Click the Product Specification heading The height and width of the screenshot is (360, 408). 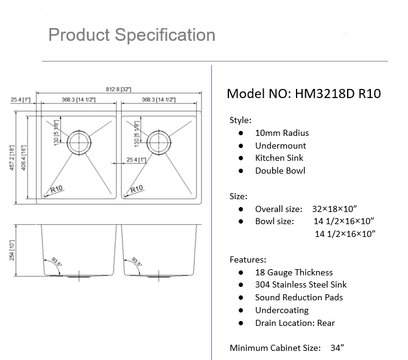tap(132, 35)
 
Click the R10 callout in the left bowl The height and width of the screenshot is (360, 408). tap(57, 189)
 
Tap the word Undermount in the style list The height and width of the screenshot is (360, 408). tap(281, 146)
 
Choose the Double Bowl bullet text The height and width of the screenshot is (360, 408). tap(280, 171)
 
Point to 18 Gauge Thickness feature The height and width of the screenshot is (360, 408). tap(294, 272)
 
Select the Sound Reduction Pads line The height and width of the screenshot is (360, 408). tap(298, 297)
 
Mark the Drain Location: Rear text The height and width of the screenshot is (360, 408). tap(295, 323)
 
